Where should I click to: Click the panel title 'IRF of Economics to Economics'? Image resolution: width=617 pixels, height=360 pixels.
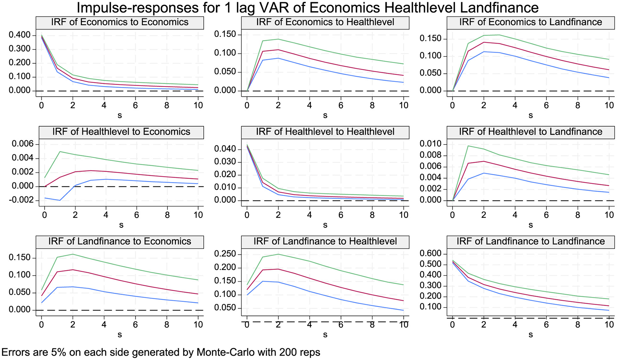pos(120,22)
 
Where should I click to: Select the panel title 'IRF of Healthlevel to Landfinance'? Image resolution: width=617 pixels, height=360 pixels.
pos(530,132)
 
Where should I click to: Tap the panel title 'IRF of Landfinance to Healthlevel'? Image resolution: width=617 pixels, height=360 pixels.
pos(325,242)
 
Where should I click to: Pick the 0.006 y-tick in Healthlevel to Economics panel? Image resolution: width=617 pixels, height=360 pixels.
pos(23,144)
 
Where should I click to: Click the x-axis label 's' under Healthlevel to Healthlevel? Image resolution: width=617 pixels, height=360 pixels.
pos(325,225)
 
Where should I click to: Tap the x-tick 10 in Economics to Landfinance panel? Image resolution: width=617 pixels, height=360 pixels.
pos(609,105)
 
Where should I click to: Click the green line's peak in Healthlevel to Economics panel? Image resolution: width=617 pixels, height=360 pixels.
pos(60,151)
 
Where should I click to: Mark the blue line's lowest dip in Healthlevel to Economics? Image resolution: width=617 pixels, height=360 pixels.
pos(60,200)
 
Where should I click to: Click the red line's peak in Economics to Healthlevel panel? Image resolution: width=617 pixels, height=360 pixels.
pos(278,50)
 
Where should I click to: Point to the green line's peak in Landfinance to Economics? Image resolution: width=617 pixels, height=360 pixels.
pos(72,254)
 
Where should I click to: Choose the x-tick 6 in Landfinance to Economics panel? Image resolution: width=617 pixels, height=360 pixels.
pos(135,324)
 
